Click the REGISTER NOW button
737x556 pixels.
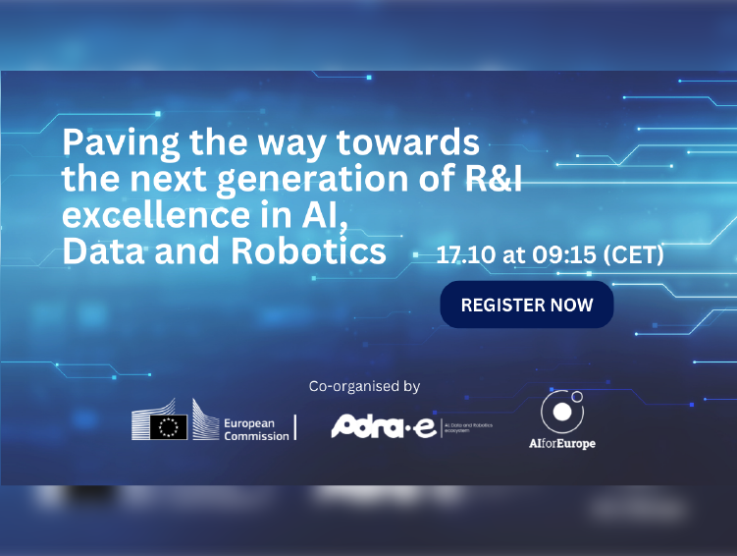(526, 305)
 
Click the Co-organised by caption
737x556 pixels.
(364, 386)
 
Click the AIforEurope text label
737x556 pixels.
(561, 443)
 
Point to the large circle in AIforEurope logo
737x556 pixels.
(559, 412)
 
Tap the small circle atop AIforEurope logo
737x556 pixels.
(577, 398)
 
